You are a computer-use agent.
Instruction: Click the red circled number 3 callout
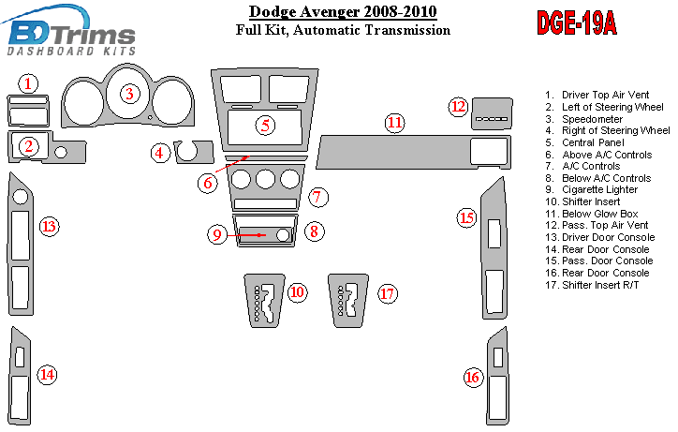point(130,94)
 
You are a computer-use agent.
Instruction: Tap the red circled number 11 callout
point(394,123)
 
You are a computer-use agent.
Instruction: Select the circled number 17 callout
point(387,293)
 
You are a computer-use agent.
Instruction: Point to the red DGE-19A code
point(576,22)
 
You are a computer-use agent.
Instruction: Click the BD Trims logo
point(69,33)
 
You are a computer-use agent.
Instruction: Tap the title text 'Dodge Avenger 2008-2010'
point(343,11)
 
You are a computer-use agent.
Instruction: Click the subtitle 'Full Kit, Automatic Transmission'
point(343,30)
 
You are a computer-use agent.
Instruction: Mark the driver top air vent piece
point(28,111)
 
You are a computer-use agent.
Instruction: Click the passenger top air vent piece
point(492,113)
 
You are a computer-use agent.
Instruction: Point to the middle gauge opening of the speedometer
point(128,93)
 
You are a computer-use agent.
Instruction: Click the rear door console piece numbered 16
point(497,376)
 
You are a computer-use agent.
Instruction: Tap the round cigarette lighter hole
point(283,235)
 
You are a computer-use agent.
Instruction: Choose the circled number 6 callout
point(208,183)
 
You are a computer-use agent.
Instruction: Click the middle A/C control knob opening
point(265,179)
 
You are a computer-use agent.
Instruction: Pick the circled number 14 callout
point(47,375)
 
